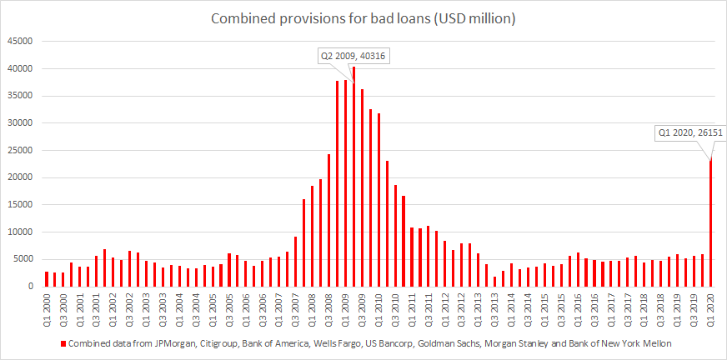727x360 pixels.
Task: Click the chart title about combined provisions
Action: click(363, 17)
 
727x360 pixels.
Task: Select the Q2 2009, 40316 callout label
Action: click(353, 57)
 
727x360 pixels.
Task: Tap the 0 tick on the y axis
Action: click(30, 287)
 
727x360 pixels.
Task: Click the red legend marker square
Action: click(63, 342)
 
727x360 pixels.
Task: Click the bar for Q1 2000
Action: click(47, 279)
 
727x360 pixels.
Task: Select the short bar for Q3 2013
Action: click(494, 282)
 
